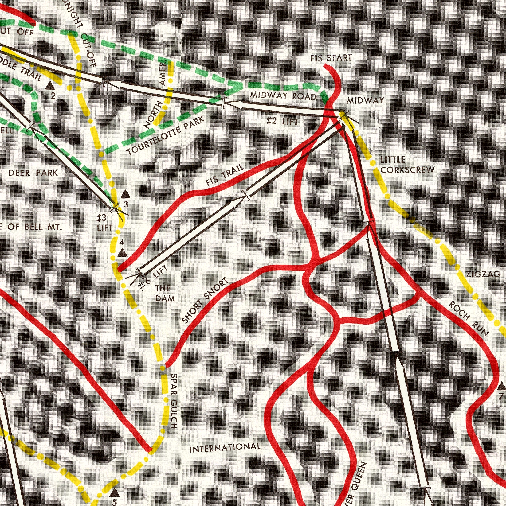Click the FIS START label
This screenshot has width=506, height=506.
pyautogui.click(x=331, y=58)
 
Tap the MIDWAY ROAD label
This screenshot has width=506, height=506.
pyautogui.click(x=283, y=95)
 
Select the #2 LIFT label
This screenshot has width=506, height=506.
pyautogui.click(x=282, y=121)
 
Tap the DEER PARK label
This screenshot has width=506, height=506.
pyautogui.click(x=33, y=173)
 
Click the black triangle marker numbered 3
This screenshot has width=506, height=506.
pyautogui.click(x=125, y=194)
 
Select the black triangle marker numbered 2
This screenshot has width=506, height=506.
pyautogui.click(x=50, y=85)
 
